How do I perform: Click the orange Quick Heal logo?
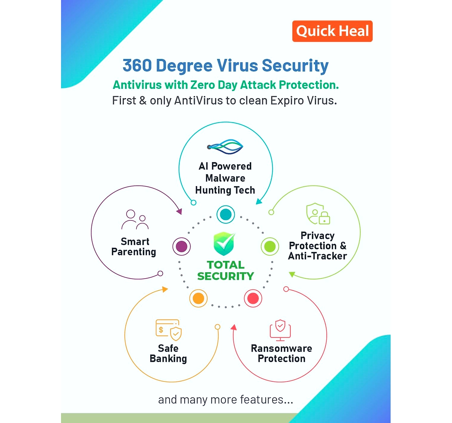coord(332,31)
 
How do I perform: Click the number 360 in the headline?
coord(137,65)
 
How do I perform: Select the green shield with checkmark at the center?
coord(224,244)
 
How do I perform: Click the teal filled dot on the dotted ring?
coord(226,214)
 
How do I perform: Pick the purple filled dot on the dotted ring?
coord(182,247)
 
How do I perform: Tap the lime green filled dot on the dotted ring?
coord(270,247)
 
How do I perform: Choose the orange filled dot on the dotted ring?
coord(198,298)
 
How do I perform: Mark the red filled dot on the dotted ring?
coord(253,298)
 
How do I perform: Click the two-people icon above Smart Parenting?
coord(135,219)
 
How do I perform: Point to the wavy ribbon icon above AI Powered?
coord(225,147)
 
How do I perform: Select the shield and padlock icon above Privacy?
coord(318,214)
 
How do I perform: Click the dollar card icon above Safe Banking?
coord(169,330)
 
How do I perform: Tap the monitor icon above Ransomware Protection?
coord(280,330)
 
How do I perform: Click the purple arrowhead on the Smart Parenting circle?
coord(179,211)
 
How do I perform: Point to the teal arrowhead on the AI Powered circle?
coord(259,201)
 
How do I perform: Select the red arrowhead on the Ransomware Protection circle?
coord(234,327)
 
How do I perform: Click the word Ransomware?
coord(281,349)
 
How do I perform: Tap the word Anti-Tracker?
coord(318,256)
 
